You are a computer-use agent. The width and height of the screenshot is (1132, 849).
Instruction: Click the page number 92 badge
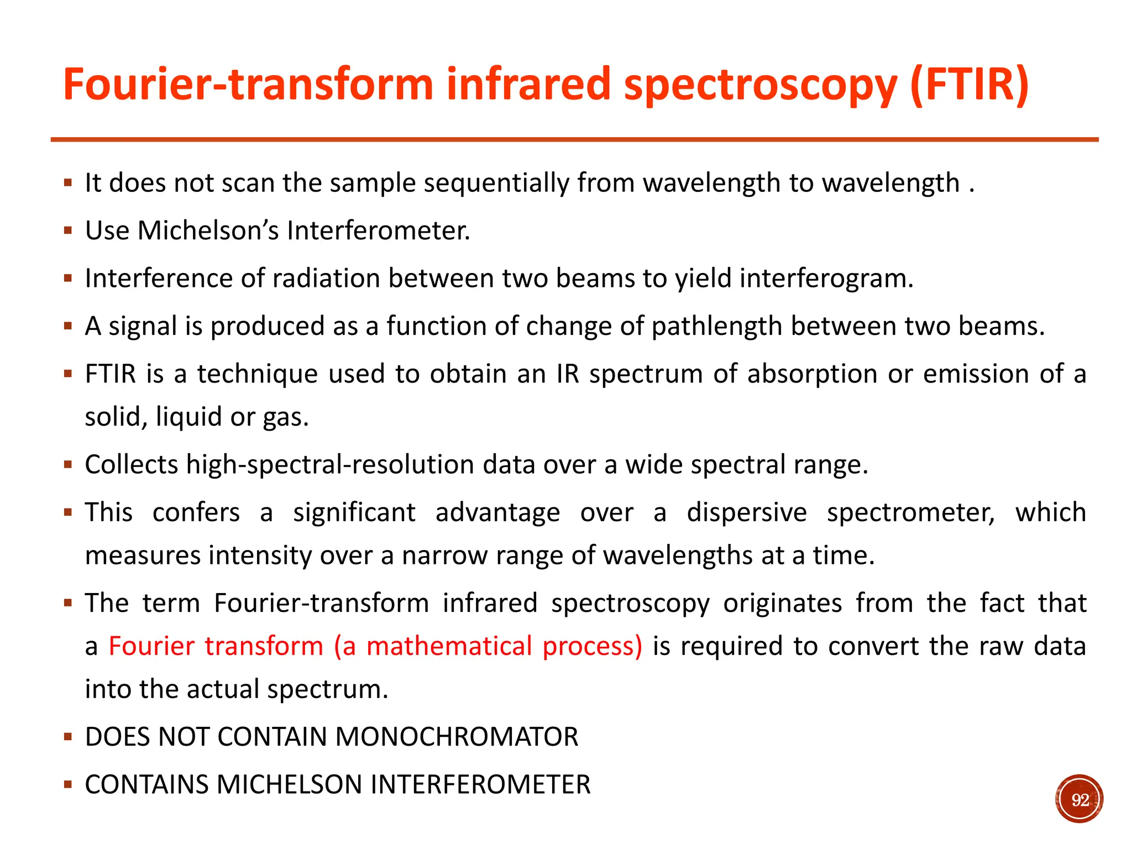coord(1079,799)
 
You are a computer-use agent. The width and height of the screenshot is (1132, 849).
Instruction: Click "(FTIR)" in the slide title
coord(969,84)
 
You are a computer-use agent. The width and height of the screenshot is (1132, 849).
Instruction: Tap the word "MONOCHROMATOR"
coord(457,737)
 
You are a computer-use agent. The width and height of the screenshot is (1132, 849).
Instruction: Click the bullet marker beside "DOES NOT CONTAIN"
coord(68,737)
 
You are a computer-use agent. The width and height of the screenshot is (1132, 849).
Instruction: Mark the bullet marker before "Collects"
coord(68,464)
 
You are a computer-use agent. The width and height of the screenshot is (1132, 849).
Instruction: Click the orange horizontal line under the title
coord(574,140)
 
